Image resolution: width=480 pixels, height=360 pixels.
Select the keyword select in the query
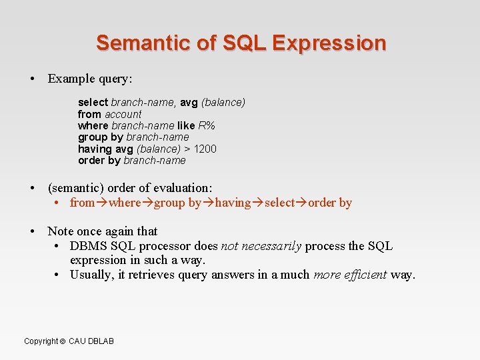(x=93, y=102)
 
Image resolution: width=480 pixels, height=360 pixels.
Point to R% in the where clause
(x=207, y=125)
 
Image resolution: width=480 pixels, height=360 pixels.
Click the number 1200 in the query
(x=205, y=149)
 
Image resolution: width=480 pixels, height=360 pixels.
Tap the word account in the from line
(x=123, y=114)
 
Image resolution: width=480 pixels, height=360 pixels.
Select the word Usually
(x=93, y=274)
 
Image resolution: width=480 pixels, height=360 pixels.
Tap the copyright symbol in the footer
(x=63, y=341)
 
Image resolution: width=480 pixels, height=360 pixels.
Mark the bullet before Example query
(x=32, y=79)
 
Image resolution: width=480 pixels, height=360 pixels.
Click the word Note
(x=61, y=231)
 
